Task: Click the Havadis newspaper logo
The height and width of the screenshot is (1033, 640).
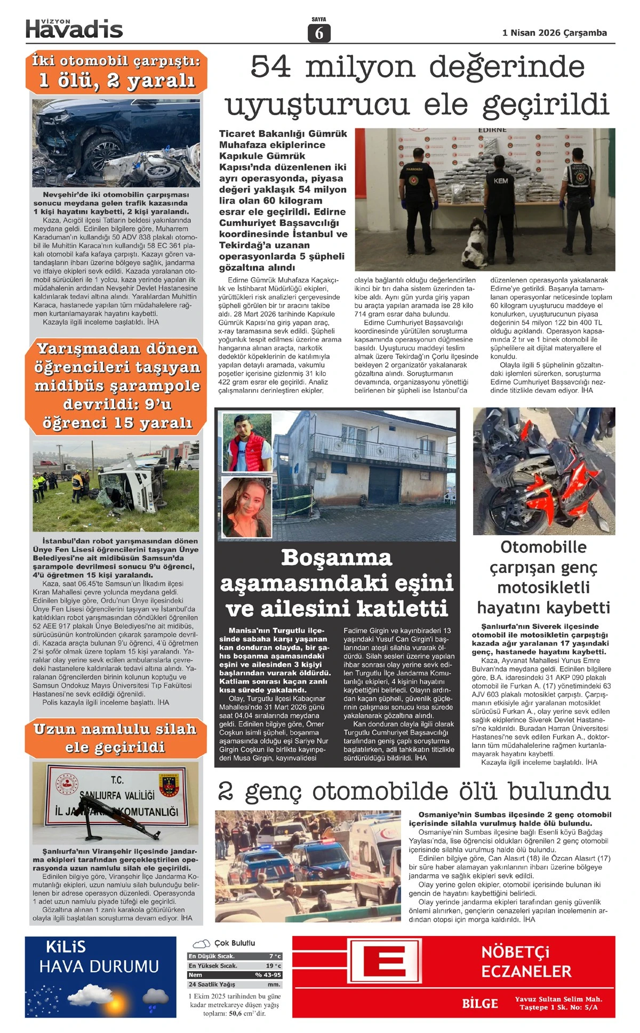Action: tap(74, 29)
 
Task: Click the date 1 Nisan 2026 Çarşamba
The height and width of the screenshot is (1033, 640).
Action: tap(554, 33)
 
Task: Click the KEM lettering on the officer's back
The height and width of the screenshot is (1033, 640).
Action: tap(500, 181)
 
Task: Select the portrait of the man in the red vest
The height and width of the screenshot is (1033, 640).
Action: tap(247, 442)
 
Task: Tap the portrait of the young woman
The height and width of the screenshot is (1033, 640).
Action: tap(247, 507)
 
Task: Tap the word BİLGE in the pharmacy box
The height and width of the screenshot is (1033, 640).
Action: tap(479, 1004)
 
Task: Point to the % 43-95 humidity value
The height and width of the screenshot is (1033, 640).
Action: tap(268, 974)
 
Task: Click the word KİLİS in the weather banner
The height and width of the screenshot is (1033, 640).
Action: tap(66, 947)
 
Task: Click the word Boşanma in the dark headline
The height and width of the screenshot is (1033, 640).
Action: tap(337, 558)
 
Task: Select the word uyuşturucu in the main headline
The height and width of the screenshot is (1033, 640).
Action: tap(317, 104)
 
